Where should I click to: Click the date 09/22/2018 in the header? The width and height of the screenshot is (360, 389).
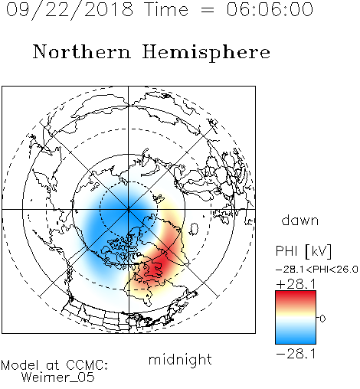pos(69,10)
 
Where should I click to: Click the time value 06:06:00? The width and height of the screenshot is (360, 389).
pos(270,9)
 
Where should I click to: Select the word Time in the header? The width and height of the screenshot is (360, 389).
pos(166,9)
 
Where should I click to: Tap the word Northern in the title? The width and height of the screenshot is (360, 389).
pos(82,52)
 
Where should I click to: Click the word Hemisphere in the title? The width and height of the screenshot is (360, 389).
pos(206,53)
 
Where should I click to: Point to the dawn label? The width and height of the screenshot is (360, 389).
pos(300,220)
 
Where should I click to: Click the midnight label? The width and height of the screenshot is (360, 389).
pos(180,359)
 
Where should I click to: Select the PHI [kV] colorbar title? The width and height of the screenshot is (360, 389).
pos(303,251)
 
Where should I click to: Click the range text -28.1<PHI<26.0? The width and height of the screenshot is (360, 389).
pos(317,270)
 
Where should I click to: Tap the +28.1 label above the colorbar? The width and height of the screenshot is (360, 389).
pos(296,284)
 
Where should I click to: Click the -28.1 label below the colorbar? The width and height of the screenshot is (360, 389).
pos(296,354)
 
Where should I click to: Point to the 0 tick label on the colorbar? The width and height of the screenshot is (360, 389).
pos(322,319)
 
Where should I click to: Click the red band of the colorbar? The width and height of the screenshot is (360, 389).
pos(296,297)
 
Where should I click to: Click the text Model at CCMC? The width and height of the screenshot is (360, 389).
pos(54,365)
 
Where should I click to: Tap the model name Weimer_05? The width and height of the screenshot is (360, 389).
pos(58,378)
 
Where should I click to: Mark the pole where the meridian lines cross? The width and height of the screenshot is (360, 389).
pos(129,209)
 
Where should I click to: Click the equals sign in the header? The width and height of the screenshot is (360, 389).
pos(208,10)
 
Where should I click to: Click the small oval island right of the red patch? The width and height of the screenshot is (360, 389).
pos(194,229)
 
